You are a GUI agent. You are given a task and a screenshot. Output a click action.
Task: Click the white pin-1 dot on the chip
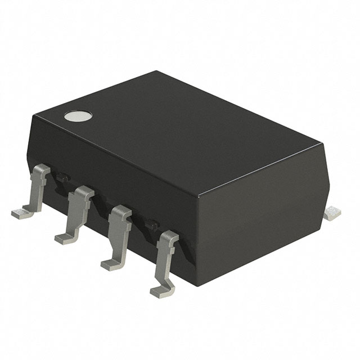77,116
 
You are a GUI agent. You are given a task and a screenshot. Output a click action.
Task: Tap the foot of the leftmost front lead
20,212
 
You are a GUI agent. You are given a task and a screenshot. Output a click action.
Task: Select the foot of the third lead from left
110,263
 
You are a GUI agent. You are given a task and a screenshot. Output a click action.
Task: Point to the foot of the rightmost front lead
160,290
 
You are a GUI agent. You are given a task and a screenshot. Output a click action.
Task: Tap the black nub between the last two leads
150,226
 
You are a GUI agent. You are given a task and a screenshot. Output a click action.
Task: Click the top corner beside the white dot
35,114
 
